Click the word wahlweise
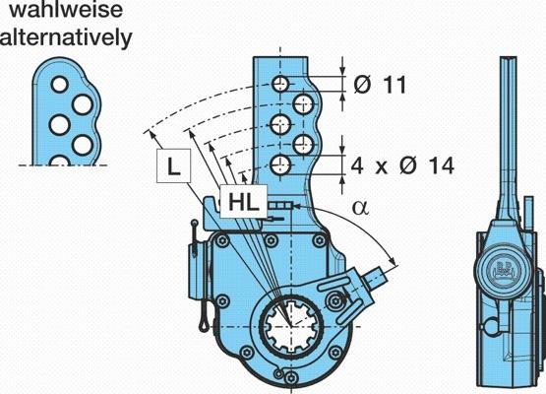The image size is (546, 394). tap(66, 9)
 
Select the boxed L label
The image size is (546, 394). tap(174, 165)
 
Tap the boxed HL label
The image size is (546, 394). tap(244, 202)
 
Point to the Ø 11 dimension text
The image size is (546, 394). tap(380, 85)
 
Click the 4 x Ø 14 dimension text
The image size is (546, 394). tap(402, 165)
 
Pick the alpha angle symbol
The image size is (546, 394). tap(360, 208)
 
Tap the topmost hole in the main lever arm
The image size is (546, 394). tap(280, 84)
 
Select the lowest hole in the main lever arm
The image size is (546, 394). tap(280, 164)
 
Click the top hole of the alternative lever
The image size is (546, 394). tap(60, 85)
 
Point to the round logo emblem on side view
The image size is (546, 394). tap(505, 270)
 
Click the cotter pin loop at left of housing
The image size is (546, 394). tap(204, 324)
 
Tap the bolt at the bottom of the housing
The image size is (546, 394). tap(291, 378)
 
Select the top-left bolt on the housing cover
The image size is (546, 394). tap(221, 240)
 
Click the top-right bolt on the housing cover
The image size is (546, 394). tap(319, 240)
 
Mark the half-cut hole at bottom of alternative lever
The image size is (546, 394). tap(60, 161)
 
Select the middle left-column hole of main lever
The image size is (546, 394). tap(280, 124)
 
